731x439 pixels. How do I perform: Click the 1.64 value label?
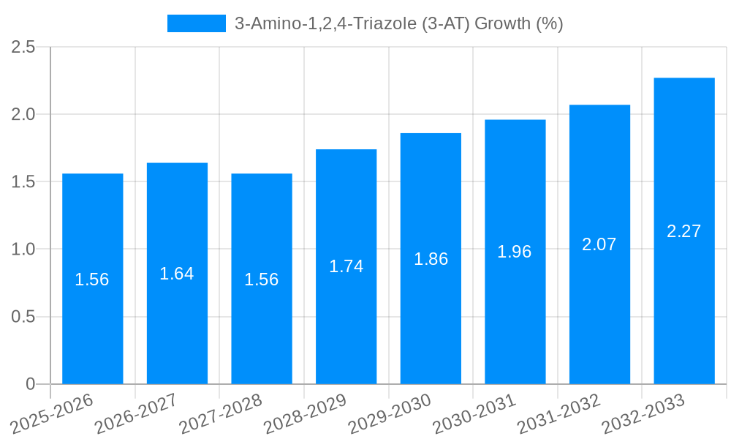[x=177, y=274]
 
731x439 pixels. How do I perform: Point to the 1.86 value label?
[x=431, y=259]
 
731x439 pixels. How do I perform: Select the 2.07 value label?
[x=599, y=244]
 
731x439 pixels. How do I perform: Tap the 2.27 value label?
[x=684, y=231]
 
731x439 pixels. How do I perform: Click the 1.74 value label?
[x=346, y=266]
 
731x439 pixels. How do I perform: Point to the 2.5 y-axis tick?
[x=23, y=47]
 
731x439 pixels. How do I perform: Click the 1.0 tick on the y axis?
[x=23, y=249]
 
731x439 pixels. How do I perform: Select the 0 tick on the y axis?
[x=30, y=384]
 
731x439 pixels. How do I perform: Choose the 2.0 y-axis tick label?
[x=23, y=114]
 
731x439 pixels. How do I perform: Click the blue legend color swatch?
[x=196, y=23]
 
